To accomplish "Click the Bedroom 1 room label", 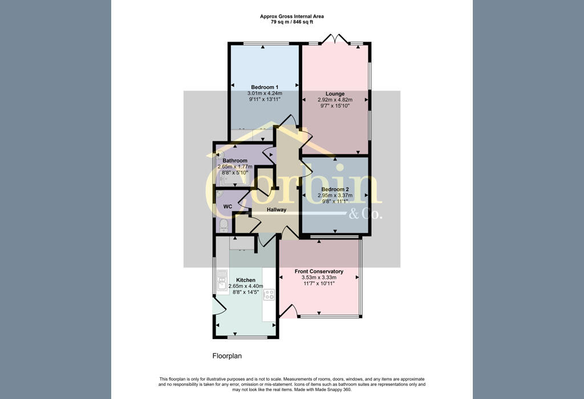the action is [x=265, y=87].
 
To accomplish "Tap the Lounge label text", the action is [x=335, y=94].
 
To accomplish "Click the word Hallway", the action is [x=277, y=210].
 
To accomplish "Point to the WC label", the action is [x=228, y=206].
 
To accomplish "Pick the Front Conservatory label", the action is [x=319, y=271].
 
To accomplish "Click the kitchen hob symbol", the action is [x=269, y=295].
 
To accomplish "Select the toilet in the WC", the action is [x=224, y=226].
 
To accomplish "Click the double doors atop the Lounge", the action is [x=335, y=39].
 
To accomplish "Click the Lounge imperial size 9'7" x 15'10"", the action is [x=335, y=105].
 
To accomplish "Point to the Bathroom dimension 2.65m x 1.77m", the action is [x=235, y=167].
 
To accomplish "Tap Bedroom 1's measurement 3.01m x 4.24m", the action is [x=265, y=93].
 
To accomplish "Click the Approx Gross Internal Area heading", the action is [x=291, y=17].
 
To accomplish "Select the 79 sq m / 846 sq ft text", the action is [x=291, y=22].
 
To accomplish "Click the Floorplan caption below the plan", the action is [x=227, y=356].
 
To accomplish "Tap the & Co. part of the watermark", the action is [x=366, y=214].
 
